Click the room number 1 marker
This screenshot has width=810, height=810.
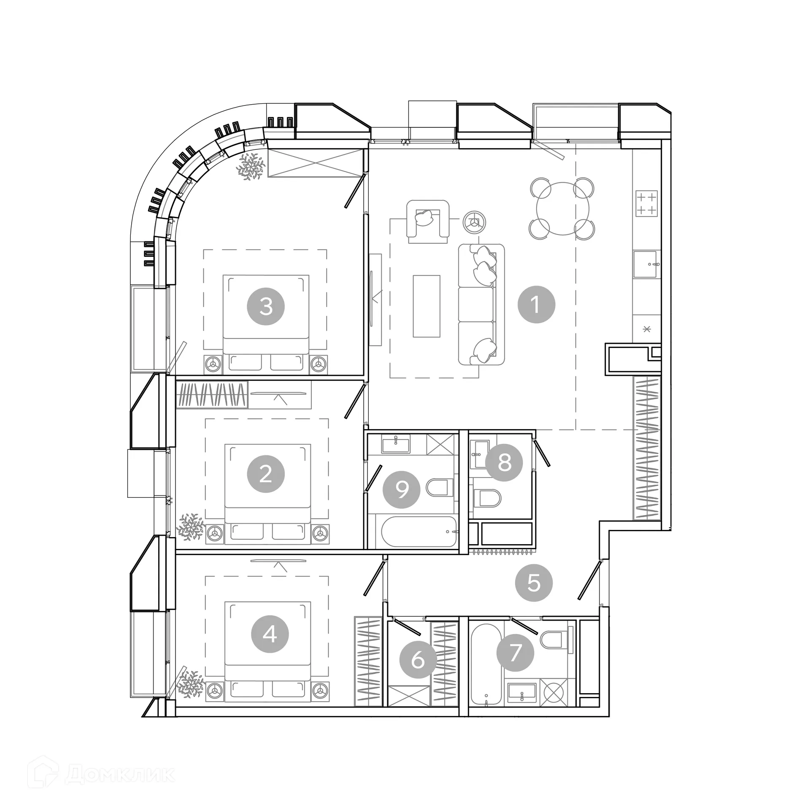(x=536, y=305)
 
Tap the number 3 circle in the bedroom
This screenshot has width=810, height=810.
(x=266, y=306)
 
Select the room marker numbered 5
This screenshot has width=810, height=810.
(x=534, y=583)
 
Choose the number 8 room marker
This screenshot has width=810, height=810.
(x=504, y=462)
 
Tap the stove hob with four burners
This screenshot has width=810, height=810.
(x=646, y=203)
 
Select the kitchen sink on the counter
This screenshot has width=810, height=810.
(x=645, y=264)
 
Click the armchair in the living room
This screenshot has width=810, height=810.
(x=427, y=221)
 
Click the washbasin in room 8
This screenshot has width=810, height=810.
(x=480, y=454)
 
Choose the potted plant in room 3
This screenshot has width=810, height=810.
(x=251, y=166)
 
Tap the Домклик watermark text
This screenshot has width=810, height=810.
(x=120, y=774)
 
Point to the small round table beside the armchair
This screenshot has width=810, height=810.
(x=474, y=221)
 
